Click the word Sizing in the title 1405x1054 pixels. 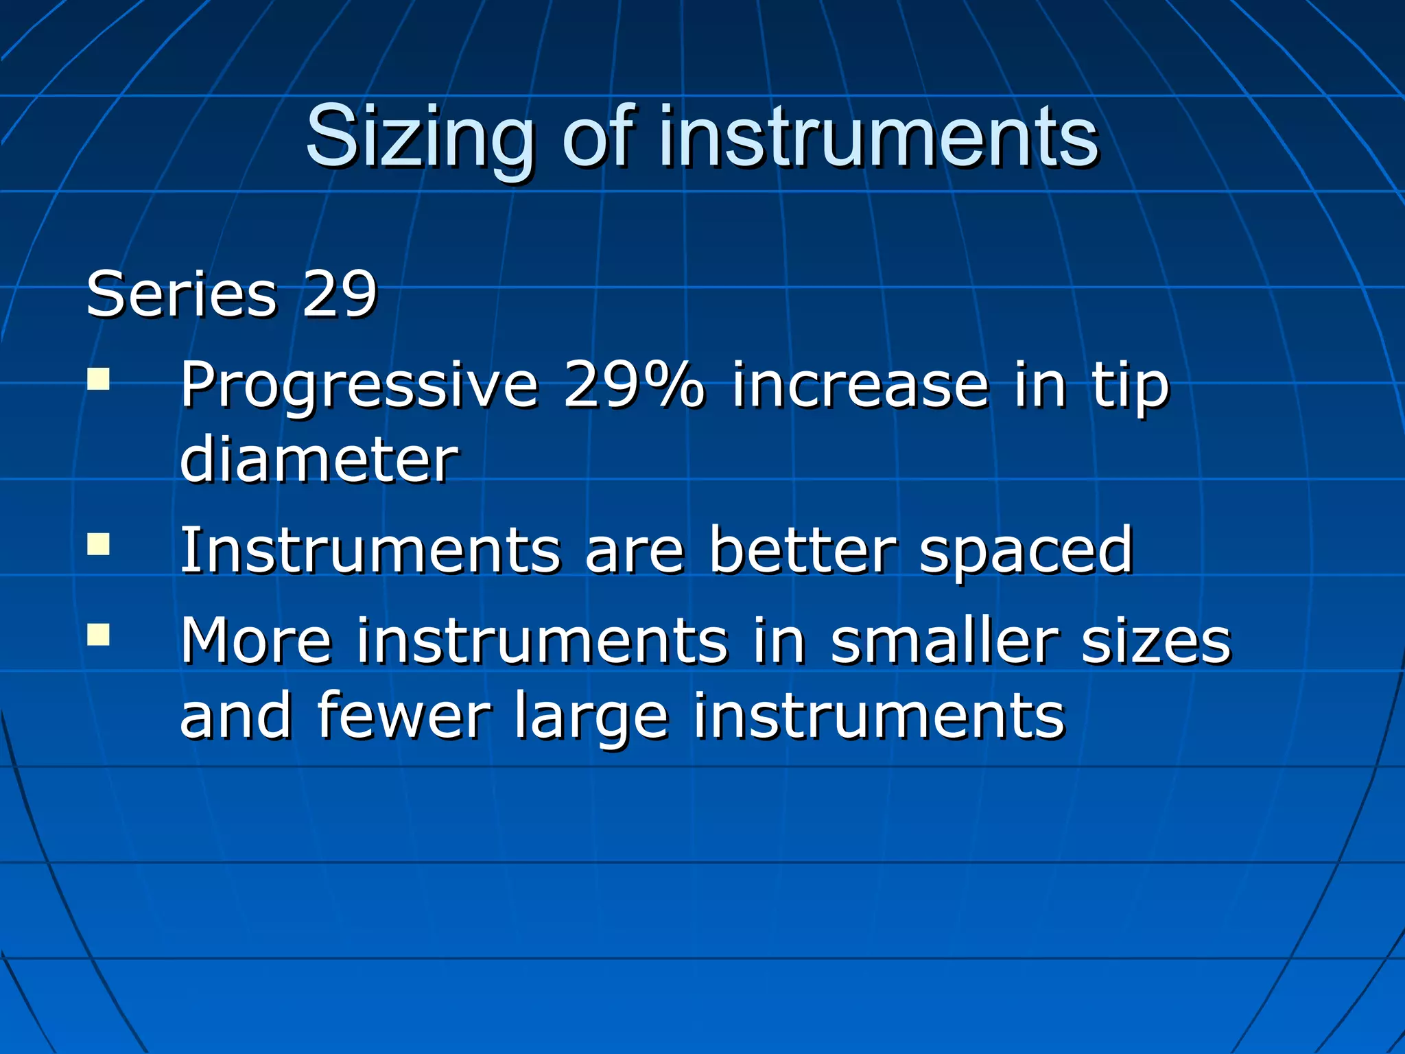coord(419,137)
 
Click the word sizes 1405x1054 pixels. coord(1157,642)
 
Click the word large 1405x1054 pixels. coord(591,718)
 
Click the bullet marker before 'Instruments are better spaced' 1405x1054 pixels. coord(99,543)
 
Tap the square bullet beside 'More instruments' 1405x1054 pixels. coord(99,635)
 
